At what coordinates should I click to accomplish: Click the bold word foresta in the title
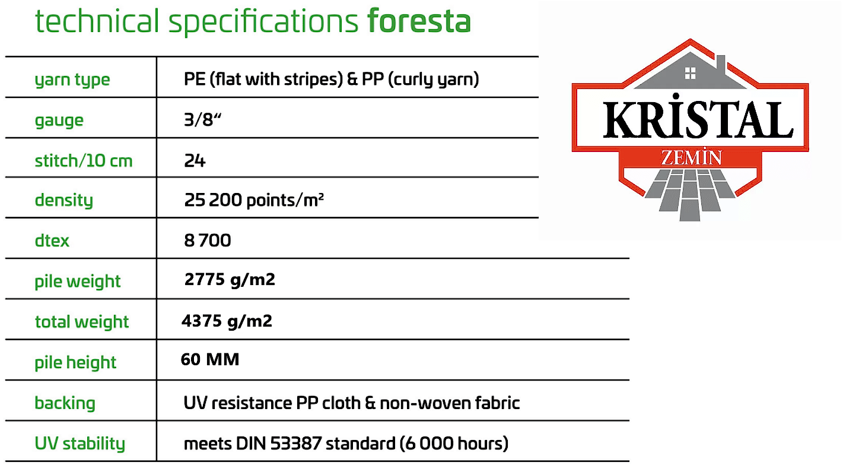point(419,21)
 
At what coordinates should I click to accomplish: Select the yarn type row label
point(72,80)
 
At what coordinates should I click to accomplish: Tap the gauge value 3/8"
point(202,120)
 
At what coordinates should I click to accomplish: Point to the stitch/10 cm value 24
point(195,161)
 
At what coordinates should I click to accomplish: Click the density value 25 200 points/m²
point(254,200)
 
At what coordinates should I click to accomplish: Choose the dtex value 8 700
point(208,240)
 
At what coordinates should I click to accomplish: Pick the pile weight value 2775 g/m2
point(230,280)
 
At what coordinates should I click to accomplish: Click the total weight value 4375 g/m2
point(227,321)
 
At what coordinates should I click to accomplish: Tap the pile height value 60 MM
point(210,359)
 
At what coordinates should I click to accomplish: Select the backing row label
point(65,403)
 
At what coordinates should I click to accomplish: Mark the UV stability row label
point(79,444)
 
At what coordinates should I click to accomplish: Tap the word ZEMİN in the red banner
point(691,158)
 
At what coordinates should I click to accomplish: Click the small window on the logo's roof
point(690,73)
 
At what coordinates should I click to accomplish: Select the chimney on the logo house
point(721,65)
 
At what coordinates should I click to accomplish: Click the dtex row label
point(52,240)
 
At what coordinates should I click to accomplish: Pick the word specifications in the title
point(263,22)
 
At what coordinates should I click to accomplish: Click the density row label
point(63,200)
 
